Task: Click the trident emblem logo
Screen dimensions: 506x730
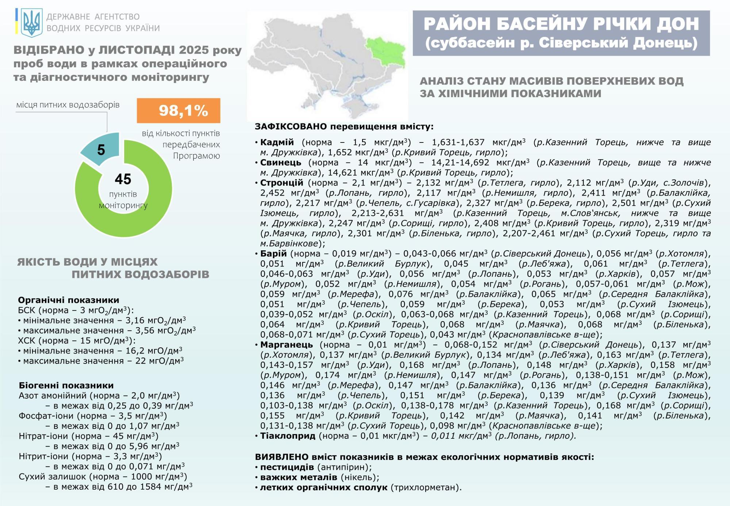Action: (x=31, y=23)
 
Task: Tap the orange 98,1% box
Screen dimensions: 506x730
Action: (x=178, y=110)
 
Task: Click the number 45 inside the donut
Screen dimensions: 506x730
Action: (x=123, y=179)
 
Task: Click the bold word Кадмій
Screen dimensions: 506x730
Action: (x=277, y=142)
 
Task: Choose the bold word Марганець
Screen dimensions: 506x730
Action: (x=287, y=345)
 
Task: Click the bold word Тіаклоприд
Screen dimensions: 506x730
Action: (x=288, y=436)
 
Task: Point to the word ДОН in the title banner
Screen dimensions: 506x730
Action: (x=677, y=24)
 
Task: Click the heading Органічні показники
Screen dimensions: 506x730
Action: (x=69, y=300)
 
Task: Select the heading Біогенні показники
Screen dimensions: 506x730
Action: (x=66, y=385)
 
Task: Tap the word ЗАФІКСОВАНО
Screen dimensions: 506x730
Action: (x=291, y=127)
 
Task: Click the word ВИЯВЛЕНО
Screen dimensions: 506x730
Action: (x=282, y=457)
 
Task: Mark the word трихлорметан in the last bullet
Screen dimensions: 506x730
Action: (x=425, y=487)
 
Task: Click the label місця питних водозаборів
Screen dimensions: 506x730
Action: (x=68, y=105)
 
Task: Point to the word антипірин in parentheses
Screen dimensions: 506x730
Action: (x=344, y=467)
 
